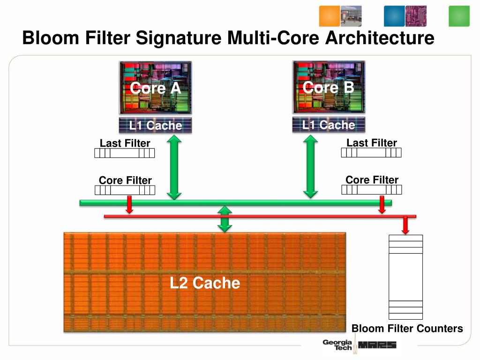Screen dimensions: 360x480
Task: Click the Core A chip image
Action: (155, 87)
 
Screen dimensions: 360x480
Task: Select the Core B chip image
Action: (329, 87)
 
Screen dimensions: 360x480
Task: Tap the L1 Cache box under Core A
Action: (155, 125)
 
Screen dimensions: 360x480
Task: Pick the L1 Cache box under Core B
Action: (329, 125)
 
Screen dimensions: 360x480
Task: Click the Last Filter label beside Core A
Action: (125, 143)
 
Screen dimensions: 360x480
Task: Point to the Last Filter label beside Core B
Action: (372, 142)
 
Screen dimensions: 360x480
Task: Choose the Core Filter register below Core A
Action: (125, 190)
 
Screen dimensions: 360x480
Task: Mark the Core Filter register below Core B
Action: (372, 189)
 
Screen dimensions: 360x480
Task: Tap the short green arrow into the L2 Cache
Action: (225, 219)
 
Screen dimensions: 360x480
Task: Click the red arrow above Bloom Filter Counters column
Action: (405, 225)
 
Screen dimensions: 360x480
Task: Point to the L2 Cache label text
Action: (205, 283)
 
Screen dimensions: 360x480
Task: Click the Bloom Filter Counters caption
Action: (407, 329)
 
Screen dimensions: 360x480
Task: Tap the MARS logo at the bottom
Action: (377, 345)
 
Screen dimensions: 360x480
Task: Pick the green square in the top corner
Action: (459, 16)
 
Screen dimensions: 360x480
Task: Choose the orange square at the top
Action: (329, 16)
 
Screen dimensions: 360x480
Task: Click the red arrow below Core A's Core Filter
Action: (130, 205)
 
